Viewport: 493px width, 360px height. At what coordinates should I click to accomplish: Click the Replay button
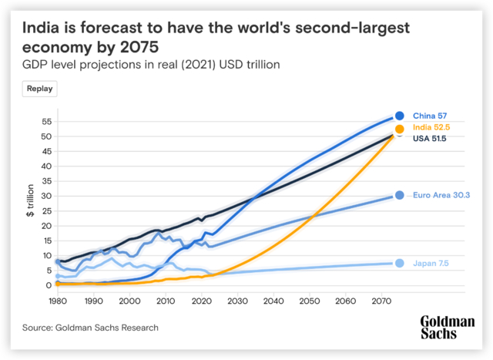coord(40,89)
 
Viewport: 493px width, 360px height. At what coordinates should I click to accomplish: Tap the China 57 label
coord(430,116)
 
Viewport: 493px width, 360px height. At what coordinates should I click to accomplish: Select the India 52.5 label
coord(431,127)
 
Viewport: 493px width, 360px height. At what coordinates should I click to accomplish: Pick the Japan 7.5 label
coord(431,264)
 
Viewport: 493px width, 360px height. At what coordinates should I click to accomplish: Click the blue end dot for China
coord(400,116)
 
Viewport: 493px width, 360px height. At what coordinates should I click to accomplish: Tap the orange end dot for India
coord(400,130)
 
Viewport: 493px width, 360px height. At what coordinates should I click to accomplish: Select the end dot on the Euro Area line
coord(400,196)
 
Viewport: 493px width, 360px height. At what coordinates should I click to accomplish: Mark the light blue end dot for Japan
coord(400,264)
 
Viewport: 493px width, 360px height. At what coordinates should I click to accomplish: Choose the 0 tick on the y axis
coord(48,285)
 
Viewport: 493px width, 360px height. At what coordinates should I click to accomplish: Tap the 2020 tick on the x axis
coord(201,301)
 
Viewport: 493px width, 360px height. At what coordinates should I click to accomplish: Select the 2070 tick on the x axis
coord(380,301)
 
